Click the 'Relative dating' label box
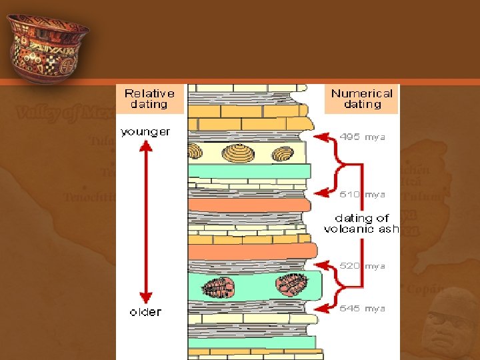click(149, 99)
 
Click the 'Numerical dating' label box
click(362, 99)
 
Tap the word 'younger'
click(145, 132)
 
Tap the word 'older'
click(145, 311)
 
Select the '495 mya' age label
click(362, 137)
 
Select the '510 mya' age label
click(362, 195)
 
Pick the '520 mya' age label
click(362, 266)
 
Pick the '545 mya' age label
click(362, 309)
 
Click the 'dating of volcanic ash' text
click(361, 223)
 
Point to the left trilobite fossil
click(217, 287)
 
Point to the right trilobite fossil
click(291, 285)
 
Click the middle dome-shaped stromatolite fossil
click(238, 154)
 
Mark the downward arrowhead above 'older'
click(145, 298)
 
